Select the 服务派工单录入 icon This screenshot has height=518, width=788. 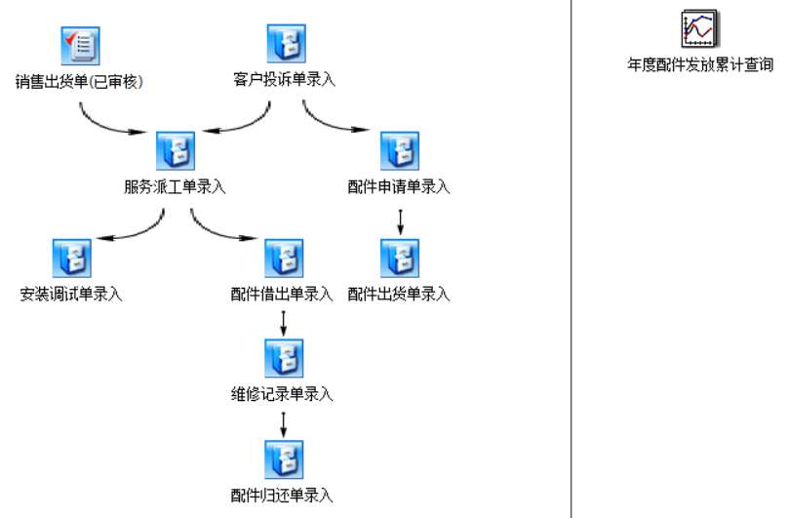175,150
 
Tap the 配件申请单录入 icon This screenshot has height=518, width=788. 399,150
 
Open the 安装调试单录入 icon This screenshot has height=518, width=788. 71,258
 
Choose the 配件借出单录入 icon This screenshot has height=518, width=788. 283,258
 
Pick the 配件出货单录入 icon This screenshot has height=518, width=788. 399,258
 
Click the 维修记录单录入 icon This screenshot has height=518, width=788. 283,358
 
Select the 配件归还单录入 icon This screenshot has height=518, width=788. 283,459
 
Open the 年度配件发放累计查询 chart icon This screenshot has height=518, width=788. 700,28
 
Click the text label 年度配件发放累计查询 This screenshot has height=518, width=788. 700,65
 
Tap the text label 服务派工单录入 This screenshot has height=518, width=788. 175,187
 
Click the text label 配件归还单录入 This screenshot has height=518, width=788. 283,496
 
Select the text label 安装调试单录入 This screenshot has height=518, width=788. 71,294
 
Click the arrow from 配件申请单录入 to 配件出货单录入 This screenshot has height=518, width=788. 400,219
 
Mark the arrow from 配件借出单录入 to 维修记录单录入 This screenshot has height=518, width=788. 283,322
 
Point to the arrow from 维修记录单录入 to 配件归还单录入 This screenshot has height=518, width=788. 283,423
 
